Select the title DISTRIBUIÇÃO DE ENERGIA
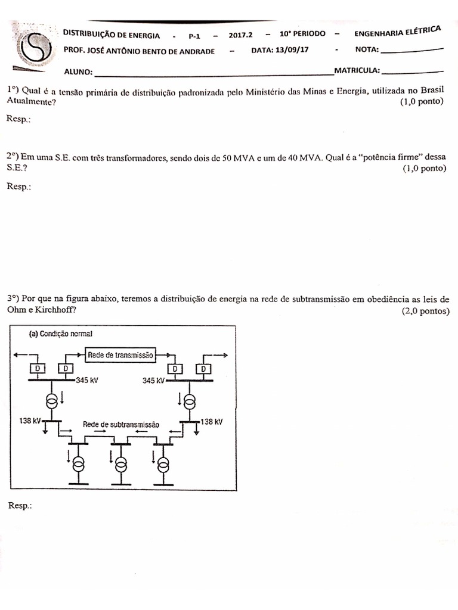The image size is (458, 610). click(112, 35)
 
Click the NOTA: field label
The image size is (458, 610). click(367, 50)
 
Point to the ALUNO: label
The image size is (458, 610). click(78, 72)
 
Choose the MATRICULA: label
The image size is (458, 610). click(357, 71)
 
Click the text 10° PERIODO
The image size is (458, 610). click(302, 34)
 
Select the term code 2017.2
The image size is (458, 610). click(241, 35)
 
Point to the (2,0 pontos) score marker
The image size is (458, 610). click(426, 311)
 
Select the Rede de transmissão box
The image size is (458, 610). click(120, 354)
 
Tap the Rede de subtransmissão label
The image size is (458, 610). click(121, 425)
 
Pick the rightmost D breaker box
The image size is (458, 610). click(204, 369)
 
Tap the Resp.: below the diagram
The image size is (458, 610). click(20, 505)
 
